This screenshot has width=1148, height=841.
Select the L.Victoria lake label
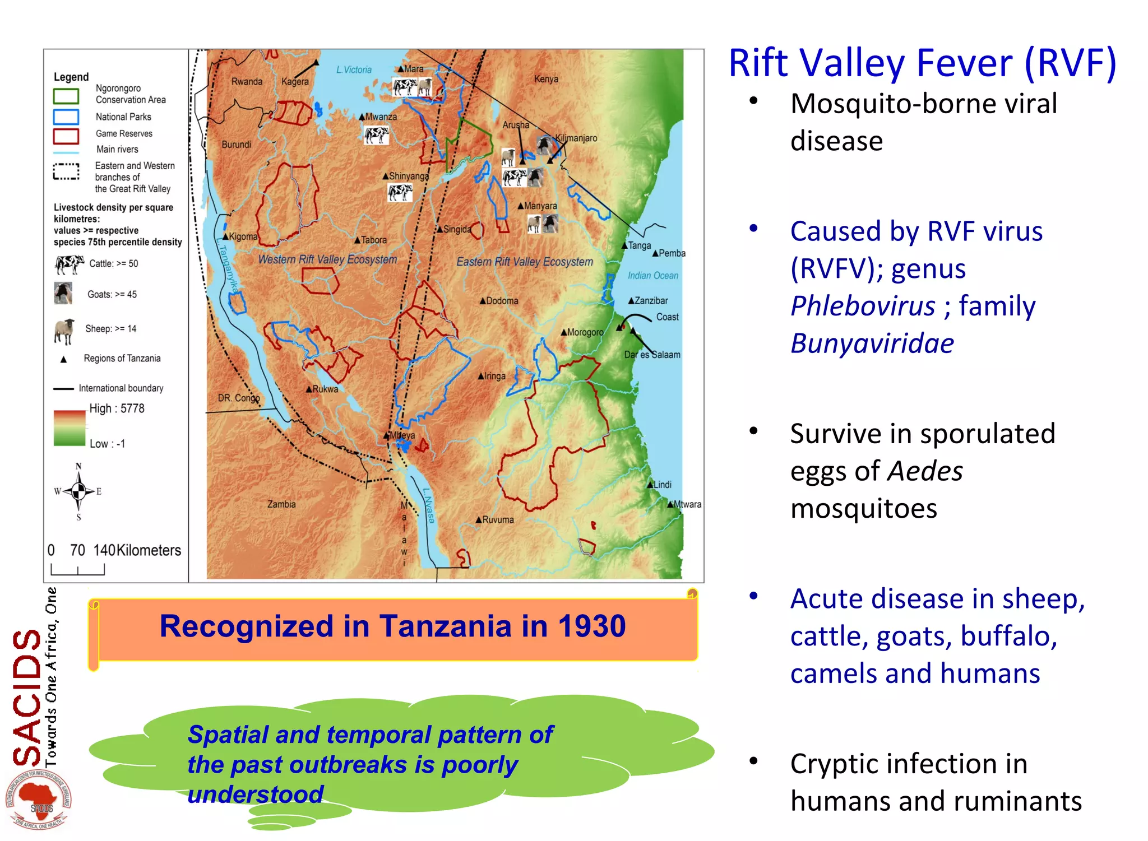pos(354,69)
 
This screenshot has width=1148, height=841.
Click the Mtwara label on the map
pos(687,504)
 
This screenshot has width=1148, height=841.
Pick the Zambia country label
pos(281,504)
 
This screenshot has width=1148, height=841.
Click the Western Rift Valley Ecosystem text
pos(327,259)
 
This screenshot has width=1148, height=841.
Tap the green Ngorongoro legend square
pos(66,96)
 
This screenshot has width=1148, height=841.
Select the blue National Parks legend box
pos(66,117)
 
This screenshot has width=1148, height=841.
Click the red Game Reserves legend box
pos(66,136)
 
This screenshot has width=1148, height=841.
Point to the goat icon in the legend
pos(63,293)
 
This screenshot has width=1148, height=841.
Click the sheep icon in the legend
pos(64,331)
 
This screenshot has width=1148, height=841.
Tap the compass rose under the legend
pos(78,491)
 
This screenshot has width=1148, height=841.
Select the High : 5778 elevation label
pos(117,408)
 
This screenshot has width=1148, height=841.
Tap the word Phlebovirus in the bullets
pos(863,306)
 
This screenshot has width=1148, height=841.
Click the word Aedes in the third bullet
pos(925,471)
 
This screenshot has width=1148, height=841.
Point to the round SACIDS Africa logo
pos(38,800)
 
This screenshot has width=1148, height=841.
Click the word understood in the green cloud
pos(256,794)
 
